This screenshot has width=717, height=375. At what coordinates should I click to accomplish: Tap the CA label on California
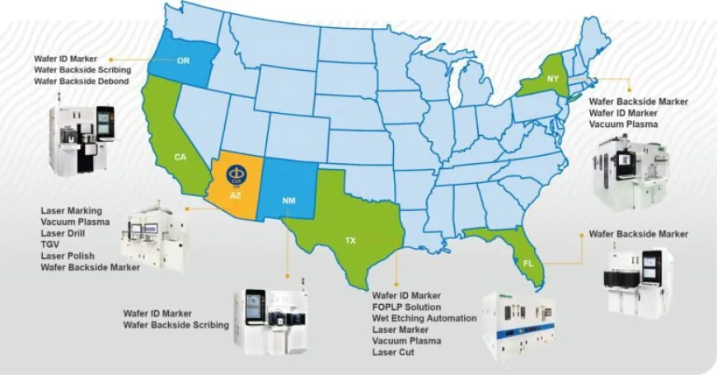[180, 157]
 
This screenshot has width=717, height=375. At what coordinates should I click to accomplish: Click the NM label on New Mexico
[289, 200]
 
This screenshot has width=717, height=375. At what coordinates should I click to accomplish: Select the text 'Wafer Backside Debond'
[82, 82]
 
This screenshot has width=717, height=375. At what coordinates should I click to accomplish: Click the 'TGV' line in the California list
[49, 245]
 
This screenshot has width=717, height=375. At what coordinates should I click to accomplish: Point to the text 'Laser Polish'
[68, 255]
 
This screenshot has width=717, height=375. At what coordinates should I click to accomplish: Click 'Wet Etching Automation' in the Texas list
[424, 318]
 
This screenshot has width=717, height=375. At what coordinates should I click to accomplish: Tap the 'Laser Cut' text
[393, 353]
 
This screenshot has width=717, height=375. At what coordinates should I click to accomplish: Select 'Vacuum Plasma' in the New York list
[623, 124]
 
